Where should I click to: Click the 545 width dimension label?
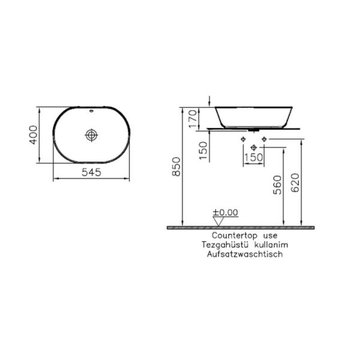(92, 173)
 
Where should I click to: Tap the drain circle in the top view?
(91, 134)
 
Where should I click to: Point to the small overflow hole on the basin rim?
(91, 112)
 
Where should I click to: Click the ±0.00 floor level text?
(226, 212)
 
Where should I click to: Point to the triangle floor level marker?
(218, 221)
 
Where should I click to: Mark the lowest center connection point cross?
(253, 147)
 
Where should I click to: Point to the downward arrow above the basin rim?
(208, 100)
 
